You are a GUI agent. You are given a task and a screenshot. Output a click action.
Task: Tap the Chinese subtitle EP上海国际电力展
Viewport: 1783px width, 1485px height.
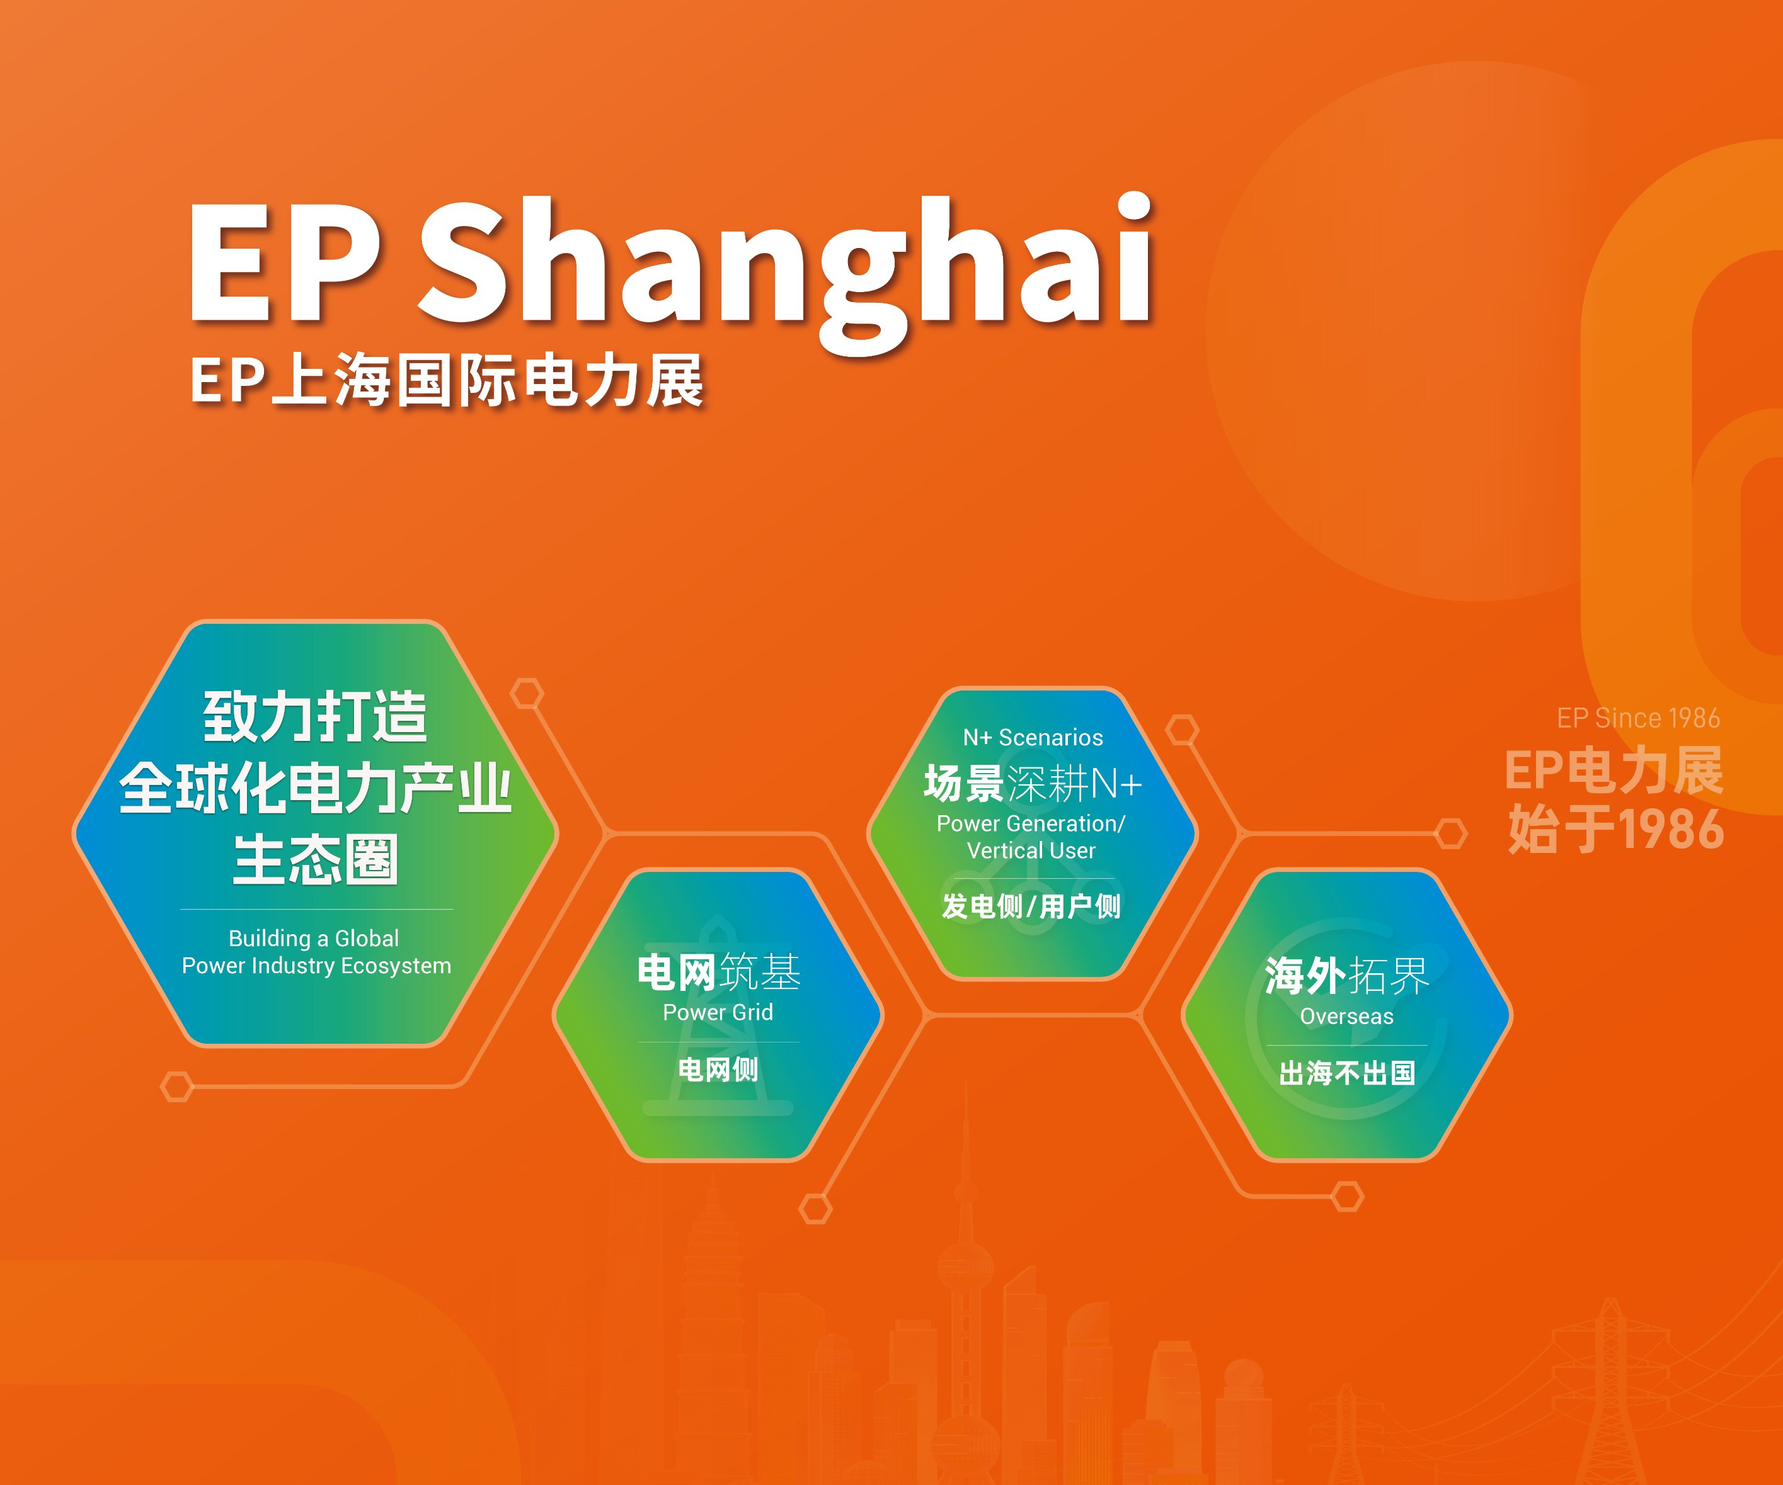tap(447, 380)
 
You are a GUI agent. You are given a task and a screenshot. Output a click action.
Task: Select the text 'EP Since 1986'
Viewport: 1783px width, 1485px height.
tap(1638, 719)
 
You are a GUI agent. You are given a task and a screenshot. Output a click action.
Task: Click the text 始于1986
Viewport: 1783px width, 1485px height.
tap(1616, 829)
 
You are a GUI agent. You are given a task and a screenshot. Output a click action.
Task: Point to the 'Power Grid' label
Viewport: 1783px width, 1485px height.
tap(718, 1012)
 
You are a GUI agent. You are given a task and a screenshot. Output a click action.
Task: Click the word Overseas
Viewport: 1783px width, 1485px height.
tap(1346, 1017)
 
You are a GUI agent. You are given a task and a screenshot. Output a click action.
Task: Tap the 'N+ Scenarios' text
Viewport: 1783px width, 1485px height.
tap(1033, 737)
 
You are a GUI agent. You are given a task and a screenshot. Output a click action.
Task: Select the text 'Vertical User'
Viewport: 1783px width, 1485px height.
tap(1031, 850)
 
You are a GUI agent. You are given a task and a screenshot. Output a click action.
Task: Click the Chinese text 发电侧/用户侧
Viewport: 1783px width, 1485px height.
tap(1031, 906)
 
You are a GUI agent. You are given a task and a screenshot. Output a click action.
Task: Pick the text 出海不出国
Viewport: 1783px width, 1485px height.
tap(1346, 1073)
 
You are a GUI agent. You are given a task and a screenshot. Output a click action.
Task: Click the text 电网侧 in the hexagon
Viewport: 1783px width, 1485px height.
tap(718, 1069)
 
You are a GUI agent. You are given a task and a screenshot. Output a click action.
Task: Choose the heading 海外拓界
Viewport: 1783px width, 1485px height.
tap(1346, 976)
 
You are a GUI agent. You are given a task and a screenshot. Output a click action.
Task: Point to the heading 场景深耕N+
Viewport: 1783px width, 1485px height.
tap(1033, 783)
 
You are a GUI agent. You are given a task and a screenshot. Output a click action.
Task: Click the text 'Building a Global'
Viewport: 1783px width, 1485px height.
tap(313, 939)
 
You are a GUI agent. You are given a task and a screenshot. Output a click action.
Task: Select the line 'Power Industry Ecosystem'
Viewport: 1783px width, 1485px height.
tap(316, 966)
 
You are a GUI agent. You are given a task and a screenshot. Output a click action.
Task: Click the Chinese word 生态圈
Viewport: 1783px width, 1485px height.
tap(315, 860)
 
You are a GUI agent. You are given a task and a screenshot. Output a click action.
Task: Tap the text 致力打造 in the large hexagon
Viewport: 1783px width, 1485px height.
tap(315, 717)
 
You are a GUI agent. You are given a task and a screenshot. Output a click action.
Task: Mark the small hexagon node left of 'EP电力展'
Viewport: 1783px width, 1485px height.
tap(1450, 833)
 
